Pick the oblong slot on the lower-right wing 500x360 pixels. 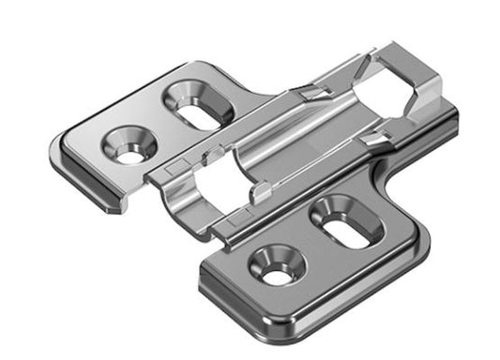[341, 221]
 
